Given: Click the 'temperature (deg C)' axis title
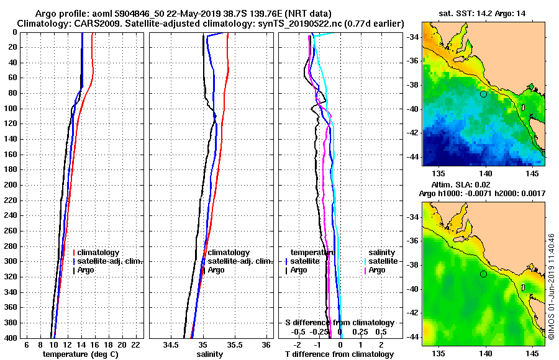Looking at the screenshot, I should [80, 354].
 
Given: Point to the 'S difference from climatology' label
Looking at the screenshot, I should [339, 323].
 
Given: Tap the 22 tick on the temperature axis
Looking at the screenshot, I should [136, 344].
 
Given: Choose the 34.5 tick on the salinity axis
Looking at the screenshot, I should [171, 344].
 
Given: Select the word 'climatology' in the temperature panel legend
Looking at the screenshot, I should [99, 253].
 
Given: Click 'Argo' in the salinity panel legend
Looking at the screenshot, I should [216, 270].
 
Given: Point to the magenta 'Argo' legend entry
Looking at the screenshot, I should [376, 270].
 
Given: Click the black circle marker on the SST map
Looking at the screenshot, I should [483, 94].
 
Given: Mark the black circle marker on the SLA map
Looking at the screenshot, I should [483, 274].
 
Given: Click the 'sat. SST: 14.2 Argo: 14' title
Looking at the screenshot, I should [484, 12].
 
